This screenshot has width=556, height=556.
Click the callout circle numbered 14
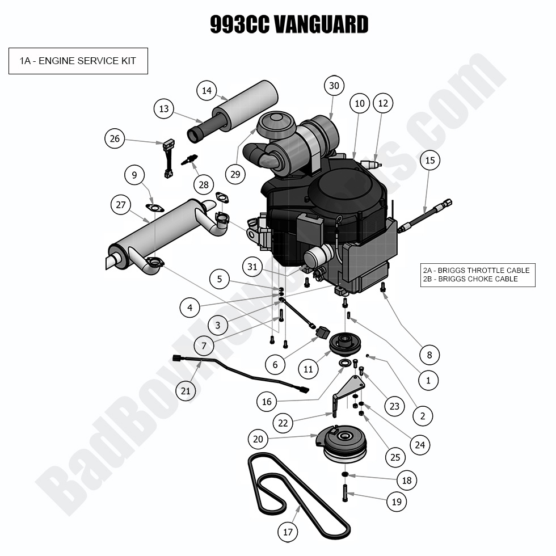[207, 90]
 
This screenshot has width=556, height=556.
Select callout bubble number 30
[334, 86]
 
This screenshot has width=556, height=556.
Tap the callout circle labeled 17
[288, 532]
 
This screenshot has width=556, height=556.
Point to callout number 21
[186, 390]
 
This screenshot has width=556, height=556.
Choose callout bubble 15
[429, 161]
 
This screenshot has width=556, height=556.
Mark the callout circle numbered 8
[429, 355]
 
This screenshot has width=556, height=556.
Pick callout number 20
[258, 439]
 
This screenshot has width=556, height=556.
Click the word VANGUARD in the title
[321, 25]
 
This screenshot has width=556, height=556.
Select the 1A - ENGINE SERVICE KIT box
[78, 61]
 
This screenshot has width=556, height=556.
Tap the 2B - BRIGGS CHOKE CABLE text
[470, 279]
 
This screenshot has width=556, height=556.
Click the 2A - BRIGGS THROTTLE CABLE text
[475, 270]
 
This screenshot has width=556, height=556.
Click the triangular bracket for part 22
[348, 389]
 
